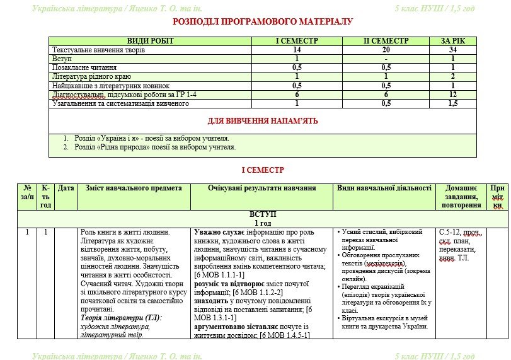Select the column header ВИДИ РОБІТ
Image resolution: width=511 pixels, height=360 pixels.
point(150,41)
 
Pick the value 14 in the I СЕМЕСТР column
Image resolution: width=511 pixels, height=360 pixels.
point(297,50)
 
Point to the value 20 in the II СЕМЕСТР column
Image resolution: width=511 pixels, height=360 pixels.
point(386,50)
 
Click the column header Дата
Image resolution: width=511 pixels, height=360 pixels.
point(66,188)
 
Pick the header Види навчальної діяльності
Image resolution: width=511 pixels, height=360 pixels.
point(384,188)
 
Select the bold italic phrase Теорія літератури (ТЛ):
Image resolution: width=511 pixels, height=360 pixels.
point(122,318)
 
